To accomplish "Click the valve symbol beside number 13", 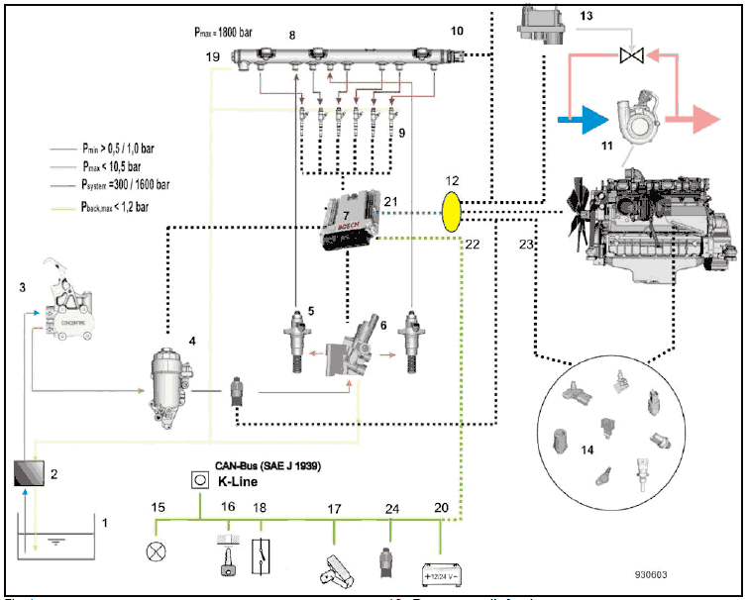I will click(x=627, y=56).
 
